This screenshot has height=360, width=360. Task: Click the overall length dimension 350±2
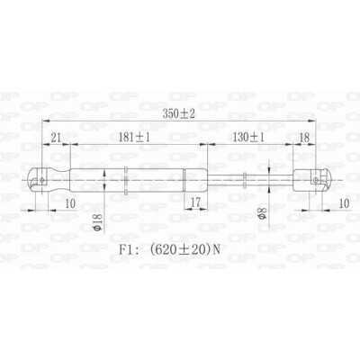coord(179,113)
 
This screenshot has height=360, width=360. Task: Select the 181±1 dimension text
coord(134,138)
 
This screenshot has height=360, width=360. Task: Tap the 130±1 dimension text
coord(248,138)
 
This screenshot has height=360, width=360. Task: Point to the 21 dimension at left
coord(56,138)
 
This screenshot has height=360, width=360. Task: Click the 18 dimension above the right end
coord(304,138)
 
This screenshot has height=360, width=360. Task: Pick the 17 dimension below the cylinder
coord(195,203)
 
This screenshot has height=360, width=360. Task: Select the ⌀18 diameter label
coord(98,222)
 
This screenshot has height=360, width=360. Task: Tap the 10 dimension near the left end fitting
coord(70,203)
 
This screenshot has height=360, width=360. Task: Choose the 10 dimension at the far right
coord(345,203)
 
